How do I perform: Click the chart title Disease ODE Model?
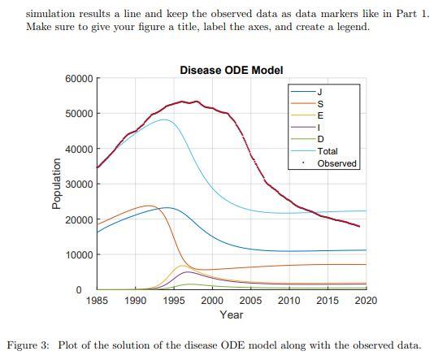coord(232,70)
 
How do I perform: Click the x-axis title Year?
coord(231,314)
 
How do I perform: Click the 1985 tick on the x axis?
coord(97,301)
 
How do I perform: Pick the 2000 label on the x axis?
coord(212,301)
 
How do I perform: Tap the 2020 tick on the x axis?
coord(366,301)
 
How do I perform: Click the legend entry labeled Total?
coord(328,151)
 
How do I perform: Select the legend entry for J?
coord(320,91)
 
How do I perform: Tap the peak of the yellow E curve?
coord(183,266)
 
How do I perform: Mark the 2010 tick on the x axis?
coord(289,301)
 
